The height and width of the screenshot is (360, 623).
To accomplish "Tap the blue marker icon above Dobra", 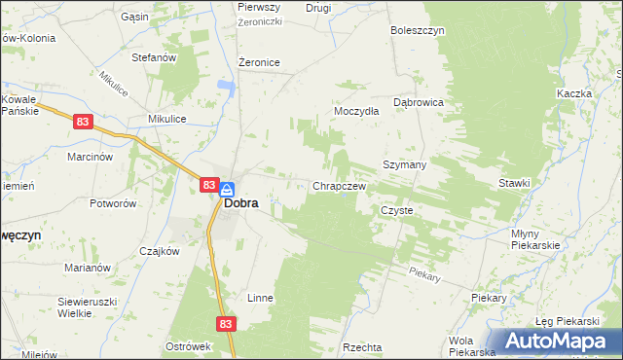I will point(226,189).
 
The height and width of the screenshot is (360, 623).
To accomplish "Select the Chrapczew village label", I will point(339,186).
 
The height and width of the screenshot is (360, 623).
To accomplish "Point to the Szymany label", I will point(405,164).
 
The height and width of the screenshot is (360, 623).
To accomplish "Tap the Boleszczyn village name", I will point(418,30).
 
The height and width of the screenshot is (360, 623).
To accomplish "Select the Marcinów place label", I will point(91,156).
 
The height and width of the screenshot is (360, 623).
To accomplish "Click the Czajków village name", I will point(160,250).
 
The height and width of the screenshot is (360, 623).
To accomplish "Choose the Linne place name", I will point(260,297).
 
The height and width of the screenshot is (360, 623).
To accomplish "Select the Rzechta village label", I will point(362,346).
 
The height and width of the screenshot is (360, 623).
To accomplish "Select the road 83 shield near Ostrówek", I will point(226,322).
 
